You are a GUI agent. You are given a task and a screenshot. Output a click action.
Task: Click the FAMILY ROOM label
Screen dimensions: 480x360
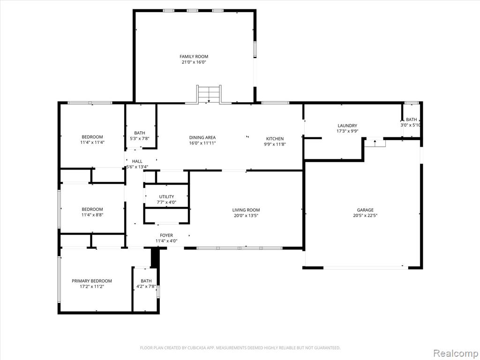[x=194, y=56]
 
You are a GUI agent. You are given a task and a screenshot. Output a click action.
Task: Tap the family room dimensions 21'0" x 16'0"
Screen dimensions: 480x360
[x=194, y=62]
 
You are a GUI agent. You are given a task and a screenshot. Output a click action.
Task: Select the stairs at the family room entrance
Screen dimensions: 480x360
[x=209, y=94]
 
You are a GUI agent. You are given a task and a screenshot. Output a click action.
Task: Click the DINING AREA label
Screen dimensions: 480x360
[x=202, y=137]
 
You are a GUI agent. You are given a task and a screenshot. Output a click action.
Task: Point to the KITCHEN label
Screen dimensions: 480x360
[x=275, y=139]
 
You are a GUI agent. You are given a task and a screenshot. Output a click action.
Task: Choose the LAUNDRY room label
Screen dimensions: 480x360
[x=347, y=126]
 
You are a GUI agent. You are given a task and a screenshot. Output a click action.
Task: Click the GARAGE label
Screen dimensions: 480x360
[x=365, y=210]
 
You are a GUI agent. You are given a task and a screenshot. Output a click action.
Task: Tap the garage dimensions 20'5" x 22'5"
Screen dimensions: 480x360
[x=365, y=216]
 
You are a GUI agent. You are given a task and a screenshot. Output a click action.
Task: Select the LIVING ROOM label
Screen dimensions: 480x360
[x=246, y=210]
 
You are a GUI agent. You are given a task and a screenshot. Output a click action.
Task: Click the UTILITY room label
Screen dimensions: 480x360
[x=166, y=196]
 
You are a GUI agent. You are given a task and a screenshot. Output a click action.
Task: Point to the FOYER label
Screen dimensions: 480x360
[x=166, y=235]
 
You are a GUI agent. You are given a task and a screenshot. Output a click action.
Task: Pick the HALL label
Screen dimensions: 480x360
[x=137, y=161]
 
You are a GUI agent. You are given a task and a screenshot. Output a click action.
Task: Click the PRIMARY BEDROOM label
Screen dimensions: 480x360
[x=92, y=281]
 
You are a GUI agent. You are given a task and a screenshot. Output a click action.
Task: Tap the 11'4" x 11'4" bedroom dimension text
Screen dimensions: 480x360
[x=92, y=142]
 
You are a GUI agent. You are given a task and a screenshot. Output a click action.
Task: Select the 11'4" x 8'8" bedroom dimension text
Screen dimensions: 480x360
[x=92, y=215]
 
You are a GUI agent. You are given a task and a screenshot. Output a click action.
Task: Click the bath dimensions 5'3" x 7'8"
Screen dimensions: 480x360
[x=140, y=139]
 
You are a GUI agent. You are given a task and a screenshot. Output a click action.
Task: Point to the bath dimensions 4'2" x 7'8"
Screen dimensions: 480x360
[x=146, y=287]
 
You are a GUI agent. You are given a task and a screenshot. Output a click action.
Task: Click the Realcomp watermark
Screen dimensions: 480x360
[x=455, y=353]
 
